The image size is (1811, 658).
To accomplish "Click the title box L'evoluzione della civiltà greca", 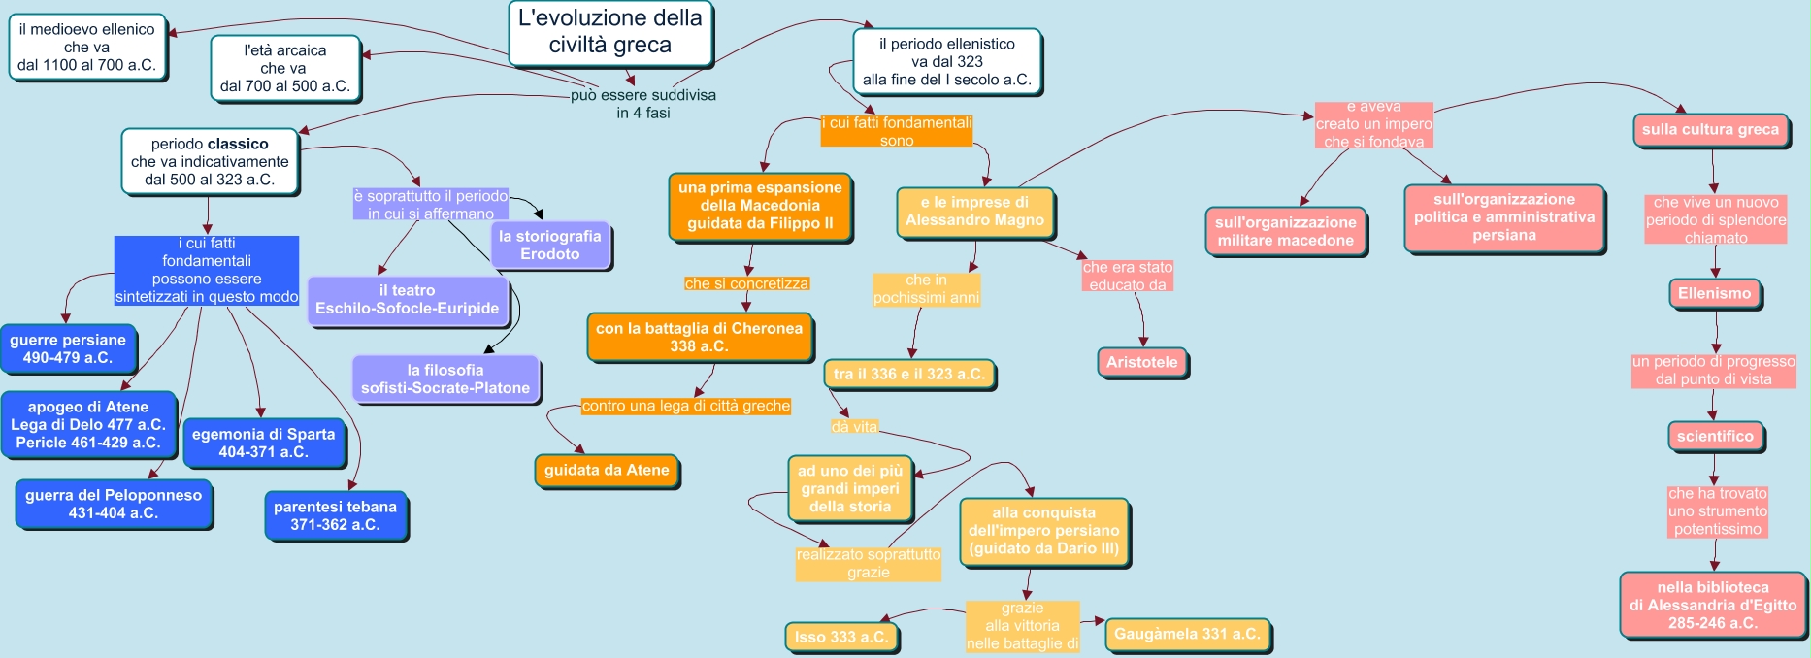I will (x=610, y=32).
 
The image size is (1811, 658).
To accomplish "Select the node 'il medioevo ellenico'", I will (x=87, y=47).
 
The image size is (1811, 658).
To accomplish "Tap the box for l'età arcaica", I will (x=285, y=68).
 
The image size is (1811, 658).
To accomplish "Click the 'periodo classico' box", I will (x=210, y=161).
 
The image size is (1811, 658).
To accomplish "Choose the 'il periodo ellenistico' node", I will (x=947, y=62).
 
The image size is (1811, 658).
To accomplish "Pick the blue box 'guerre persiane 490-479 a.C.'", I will (x=68, y=348).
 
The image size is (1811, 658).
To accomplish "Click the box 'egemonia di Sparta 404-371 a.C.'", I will (x=263, y=443).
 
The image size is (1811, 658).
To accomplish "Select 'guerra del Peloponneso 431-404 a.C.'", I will (x=114, y=504).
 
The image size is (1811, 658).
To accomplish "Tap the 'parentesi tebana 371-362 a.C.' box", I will (x=335, y=515).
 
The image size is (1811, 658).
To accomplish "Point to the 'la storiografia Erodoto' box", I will (x=549, y=245).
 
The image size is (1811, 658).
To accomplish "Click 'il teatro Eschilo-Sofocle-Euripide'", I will (x=408, y=299).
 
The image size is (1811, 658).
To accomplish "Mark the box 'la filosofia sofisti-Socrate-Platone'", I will (x=445, y=378).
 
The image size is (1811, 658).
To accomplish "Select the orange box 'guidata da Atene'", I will (x=607, y=470).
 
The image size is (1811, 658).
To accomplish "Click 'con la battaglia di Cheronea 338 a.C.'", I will (x=699, y=337).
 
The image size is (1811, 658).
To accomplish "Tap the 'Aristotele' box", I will (x=1142, y=362).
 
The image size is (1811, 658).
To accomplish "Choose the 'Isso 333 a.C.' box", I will (x=841, y=637).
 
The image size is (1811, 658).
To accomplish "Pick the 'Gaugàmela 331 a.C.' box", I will (x=1187, y=634).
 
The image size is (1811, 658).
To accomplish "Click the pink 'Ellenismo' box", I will (x=1715, y=293).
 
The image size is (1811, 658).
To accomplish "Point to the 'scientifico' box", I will (x=1715, y=436).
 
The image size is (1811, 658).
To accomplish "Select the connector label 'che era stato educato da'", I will (x=1128, y=276).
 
